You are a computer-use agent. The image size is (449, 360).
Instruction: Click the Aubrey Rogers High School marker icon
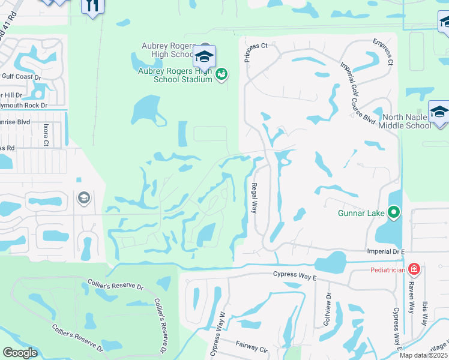click(204, 57)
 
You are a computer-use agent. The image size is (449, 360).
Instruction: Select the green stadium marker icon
click(221, 74)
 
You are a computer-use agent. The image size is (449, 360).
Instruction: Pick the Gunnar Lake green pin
click(394, 212)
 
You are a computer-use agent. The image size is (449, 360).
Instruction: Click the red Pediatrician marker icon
click(413, 269)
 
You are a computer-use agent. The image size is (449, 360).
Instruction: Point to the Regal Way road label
click(254, 198)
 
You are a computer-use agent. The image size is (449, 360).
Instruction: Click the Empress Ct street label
click(382, 52)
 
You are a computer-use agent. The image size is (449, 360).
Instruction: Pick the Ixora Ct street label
click(53, 134)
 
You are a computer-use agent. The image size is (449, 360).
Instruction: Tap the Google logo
click(20, 352)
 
